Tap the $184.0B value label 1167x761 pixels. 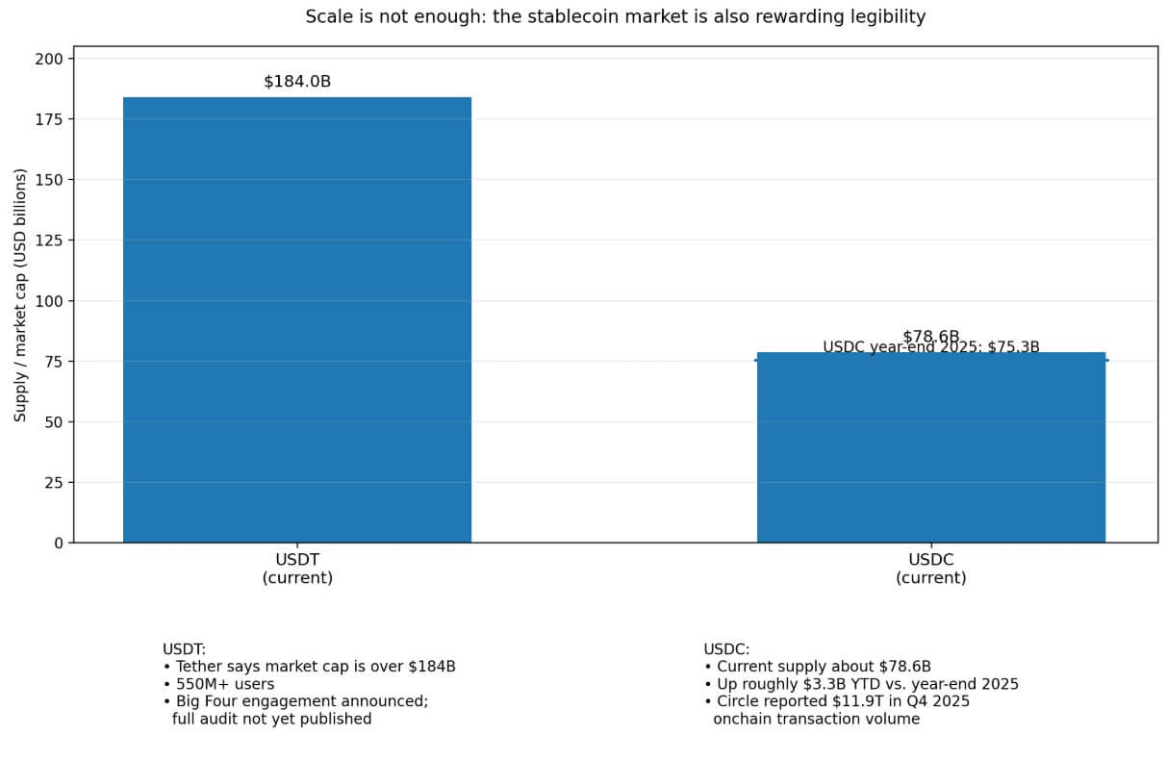pos(297,82)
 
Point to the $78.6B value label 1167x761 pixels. pos(930,336)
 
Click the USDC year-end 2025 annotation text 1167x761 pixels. pos(930,347)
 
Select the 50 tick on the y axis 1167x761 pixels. pos(53,421)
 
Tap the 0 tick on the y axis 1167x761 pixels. pos(58,543)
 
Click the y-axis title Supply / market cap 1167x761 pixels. pos(20,294)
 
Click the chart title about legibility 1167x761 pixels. pos(615,16)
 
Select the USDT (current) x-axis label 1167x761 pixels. pos(297,569)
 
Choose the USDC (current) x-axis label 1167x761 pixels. pos(930,569)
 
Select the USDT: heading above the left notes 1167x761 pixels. pos(184,649)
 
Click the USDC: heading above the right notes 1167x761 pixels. pos(726,649)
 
